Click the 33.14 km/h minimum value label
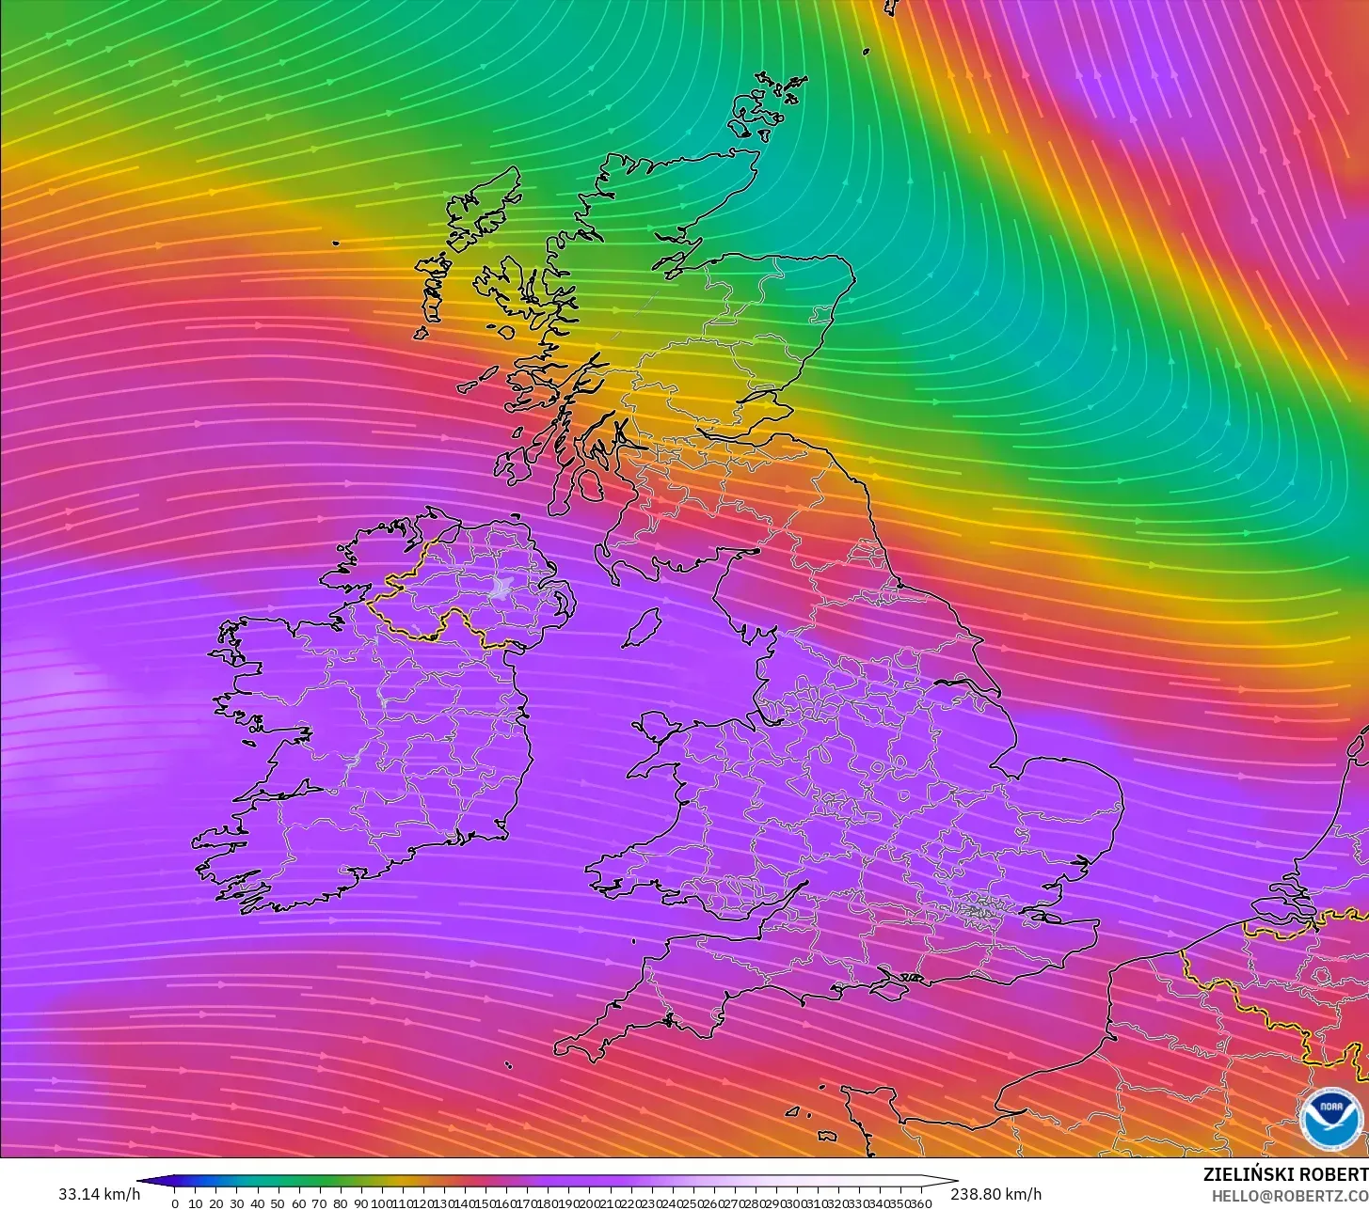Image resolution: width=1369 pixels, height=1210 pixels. tap(99, 1194)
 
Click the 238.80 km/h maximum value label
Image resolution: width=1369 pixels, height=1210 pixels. tap(995, 1194)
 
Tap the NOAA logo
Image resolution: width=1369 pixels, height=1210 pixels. tap(1330, 1119)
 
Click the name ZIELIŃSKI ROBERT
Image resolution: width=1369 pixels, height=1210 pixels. tap(1285, 1174)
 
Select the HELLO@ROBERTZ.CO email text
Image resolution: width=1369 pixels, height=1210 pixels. tap(1289, 1195)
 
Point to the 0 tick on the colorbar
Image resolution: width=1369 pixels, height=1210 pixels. tap(175, 1202)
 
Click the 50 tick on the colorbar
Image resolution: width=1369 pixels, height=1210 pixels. tap(279, 1202)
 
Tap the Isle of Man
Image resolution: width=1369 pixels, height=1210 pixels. tap(642, 627)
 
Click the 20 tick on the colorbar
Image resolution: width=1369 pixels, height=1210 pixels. tap(216, 1202)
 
